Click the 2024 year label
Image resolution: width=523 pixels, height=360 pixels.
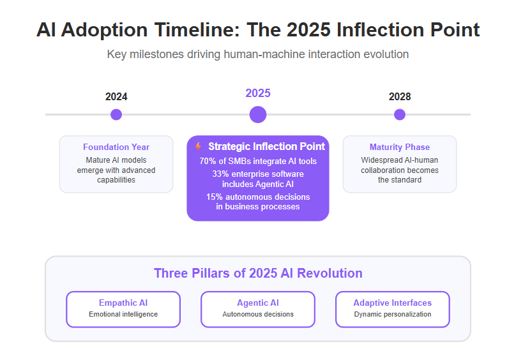coord(116,96)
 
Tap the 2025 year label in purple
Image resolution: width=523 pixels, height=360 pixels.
coord(258,93)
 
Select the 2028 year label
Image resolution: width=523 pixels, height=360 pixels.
coord(400,96)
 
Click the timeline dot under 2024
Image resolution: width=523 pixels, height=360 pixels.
coord(116,115)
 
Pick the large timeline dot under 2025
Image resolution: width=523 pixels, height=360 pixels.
coord(258,115)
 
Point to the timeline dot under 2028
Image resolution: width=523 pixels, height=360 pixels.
coord(400,115)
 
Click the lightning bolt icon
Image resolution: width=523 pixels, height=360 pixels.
coord(198,146)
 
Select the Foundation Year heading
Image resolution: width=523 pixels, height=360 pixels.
coord(116,147)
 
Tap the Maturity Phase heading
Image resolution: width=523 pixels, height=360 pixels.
coord(400,147)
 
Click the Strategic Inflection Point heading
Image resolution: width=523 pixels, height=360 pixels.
coord(266,146)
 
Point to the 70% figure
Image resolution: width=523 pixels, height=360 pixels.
coord(208,161)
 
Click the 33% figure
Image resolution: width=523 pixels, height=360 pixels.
coord(220,174)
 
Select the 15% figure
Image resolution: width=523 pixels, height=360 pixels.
coord(215,197)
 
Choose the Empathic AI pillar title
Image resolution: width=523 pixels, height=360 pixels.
coord(123,303)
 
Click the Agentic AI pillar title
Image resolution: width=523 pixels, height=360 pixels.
coord(258,303)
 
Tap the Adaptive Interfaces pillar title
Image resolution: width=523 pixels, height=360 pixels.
coord(393,303)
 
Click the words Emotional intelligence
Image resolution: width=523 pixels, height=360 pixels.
coord(123,314)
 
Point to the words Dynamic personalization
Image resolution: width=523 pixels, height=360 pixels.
coord(393,314)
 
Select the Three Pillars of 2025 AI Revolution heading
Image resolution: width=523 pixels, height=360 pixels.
coord(258,273)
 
